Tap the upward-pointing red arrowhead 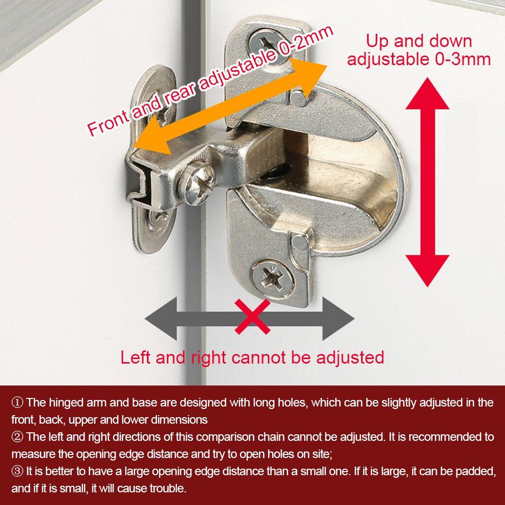coord(427,94)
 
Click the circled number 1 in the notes coord(17,402)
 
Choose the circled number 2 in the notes coord(17,436)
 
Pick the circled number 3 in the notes coord(17,471)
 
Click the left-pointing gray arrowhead coord(159,318)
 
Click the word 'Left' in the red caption coord(136,358)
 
